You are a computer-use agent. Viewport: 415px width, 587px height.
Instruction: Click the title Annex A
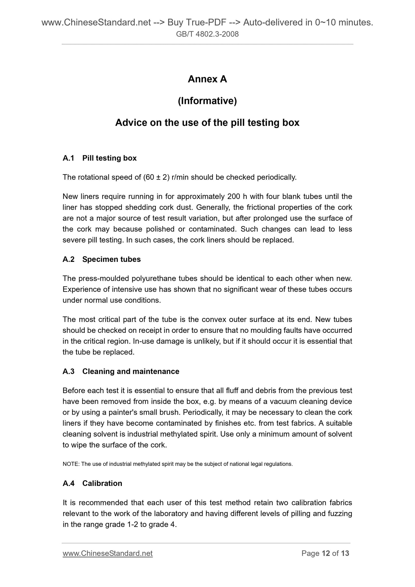[207, 79]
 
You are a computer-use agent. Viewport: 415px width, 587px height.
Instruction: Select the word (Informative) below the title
[207, 101]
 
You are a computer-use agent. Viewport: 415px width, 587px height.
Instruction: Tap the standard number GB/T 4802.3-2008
[207, 34]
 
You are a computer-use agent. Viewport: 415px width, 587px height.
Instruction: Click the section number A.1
[68, 158]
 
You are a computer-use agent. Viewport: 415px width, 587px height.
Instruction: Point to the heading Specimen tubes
[111, 259]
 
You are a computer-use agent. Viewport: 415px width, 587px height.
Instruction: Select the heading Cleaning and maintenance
[131, 371]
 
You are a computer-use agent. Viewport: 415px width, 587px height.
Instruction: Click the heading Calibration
[102, 483]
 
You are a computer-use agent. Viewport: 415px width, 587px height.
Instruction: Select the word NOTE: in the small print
[71, 464]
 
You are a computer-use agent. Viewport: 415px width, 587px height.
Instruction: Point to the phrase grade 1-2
[122, 524]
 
